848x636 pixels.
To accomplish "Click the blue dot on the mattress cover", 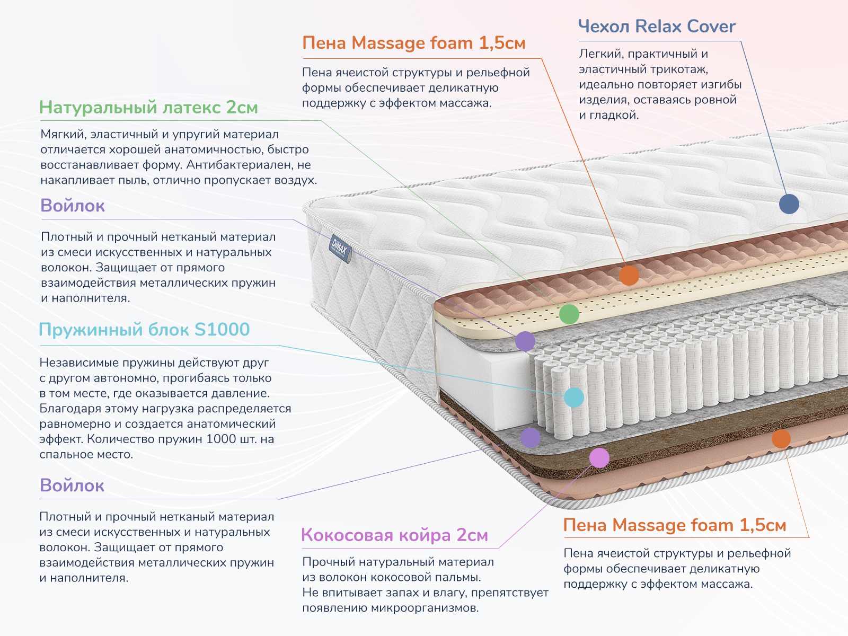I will click(789, 204).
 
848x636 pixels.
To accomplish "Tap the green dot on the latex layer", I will click(569, 314).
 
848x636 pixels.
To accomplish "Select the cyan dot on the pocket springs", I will click(574, 397).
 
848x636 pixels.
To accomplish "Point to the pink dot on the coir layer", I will click(599, 457).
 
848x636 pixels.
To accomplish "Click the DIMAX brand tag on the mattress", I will click(339, 248).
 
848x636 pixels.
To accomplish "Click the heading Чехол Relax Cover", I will click(657, 26).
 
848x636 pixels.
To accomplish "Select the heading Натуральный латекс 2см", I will click(148, 107).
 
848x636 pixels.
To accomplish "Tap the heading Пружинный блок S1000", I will click(144, 329).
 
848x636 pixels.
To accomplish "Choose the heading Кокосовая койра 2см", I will click(394, 535).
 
